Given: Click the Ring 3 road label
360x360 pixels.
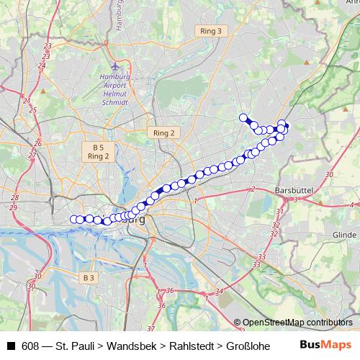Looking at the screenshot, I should pos(211,31).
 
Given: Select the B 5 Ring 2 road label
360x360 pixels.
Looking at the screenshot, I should pos(98,150).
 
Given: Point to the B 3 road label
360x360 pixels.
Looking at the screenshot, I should pos(88,277).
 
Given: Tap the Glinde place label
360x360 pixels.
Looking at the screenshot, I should pos(345,235).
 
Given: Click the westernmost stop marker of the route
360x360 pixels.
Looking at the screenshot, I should pos(73,219).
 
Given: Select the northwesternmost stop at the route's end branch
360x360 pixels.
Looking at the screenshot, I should pos(243,118).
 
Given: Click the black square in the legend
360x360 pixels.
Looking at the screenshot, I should pos(11,346).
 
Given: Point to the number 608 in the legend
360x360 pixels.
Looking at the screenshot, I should pos(31,346).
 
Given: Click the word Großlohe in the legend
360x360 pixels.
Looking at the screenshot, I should pos(246,346).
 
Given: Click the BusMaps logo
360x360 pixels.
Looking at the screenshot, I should pos(325,345).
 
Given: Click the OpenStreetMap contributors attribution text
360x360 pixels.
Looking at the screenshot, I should pos(297,323).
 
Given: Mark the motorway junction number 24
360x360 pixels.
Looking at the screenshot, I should pos(41,66).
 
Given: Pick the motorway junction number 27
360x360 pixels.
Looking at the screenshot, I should pos(31,155).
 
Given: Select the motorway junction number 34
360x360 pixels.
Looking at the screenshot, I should pos(218,291).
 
